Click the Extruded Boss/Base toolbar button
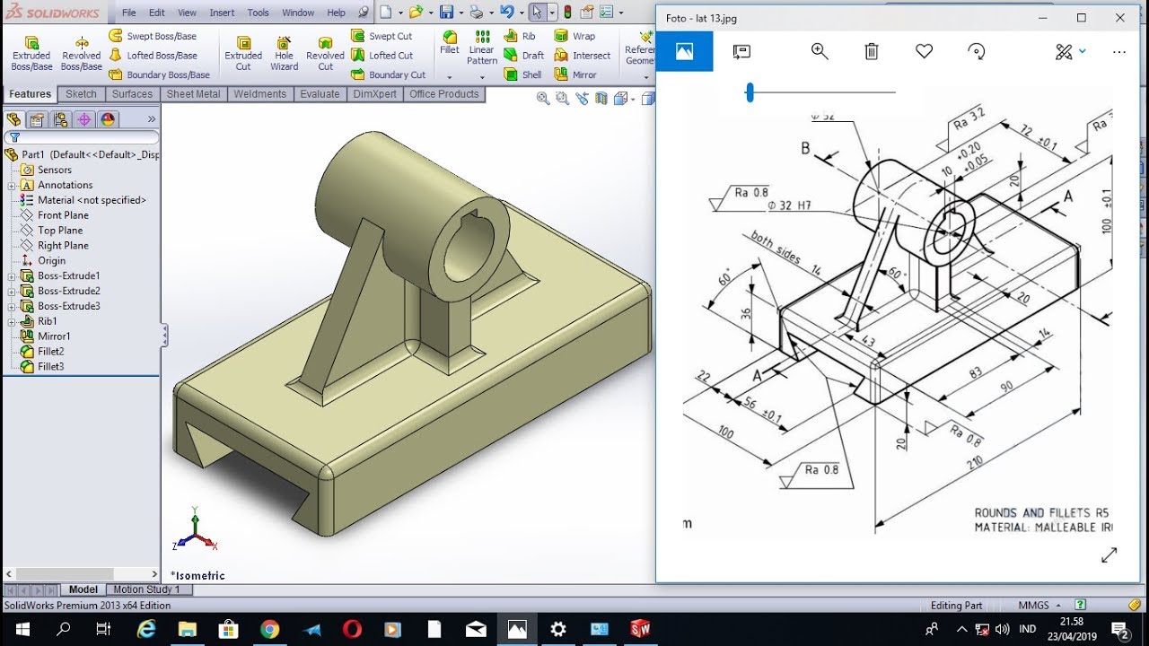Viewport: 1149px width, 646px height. (31, 53)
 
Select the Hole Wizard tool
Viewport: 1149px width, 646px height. (284, 53)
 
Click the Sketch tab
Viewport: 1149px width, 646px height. (81, 94)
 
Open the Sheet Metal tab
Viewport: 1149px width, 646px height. (193, 94)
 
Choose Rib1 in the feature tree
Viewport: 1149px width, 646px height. (47, 321)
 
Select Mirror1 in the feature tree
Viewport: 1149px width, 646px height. (53, 336)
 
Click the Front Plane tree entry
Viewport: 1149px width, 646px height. (62, 215)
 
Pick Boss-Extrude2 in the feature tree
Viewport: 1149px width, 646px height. (68, 291)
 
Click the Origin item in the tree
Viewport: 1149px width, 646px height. (51, 261)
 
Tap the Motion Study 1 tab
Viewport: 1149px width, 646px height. (145, 589)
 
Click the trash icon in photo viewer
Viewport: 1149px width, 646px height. (871, 52)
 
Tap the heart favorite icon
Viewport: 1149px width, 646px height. (924, 52)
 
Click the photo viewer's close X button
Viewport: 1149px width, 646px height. (1120, 18)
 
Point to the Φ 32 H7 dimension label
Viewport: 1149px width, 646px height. (789, 205)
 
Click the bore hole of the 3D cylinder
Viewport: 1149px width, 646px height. (468, 245)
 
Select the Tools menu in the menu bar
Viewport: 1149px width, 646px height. (258, 13)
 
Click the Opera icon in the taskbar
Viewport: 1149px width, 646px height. (352, 629)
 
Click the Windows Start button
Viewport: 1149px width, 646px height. (22, 629)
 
